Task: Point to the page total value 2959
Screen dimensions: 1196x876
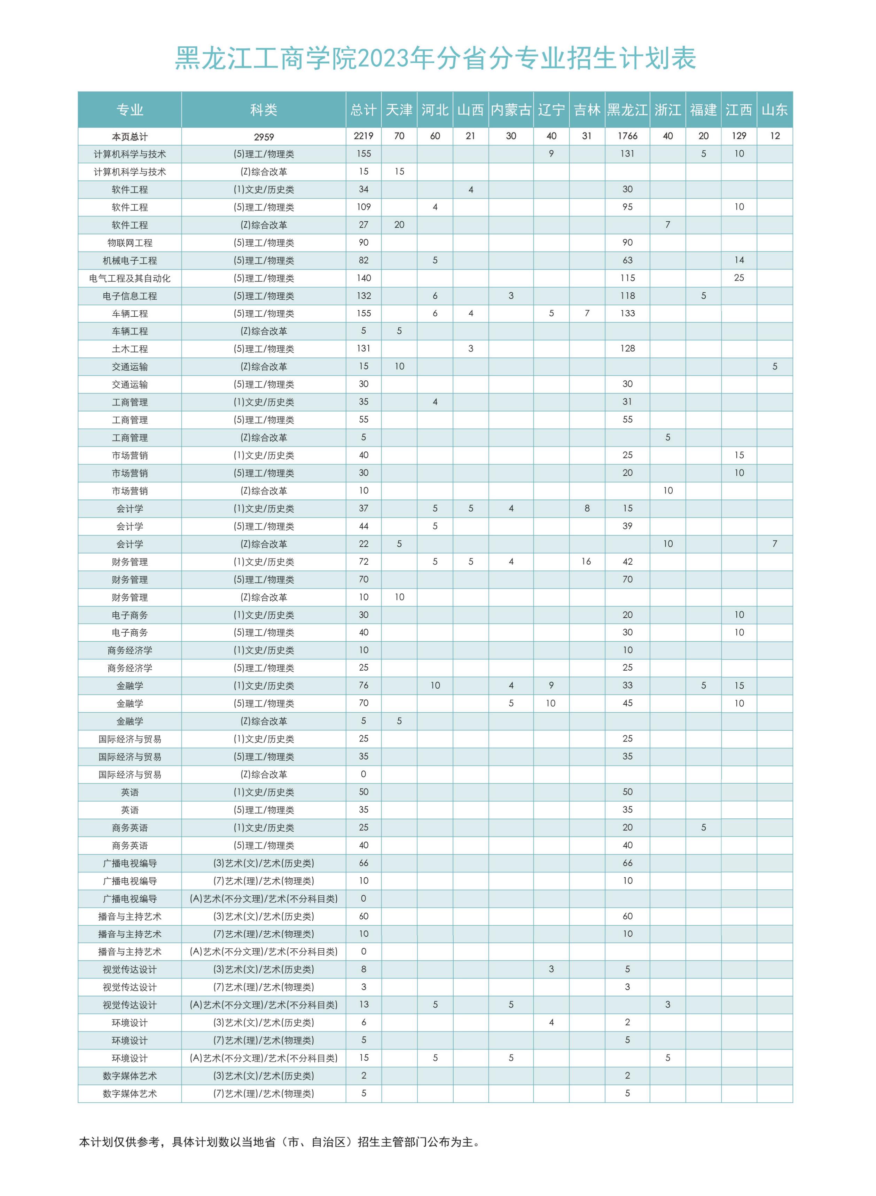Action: click(x=264, y=137)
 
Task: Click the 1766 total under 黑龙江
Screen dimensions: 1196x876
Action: click(x=627, y=136)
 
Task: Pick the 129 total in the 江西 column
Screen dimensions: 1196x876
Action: click(x=739, y=136)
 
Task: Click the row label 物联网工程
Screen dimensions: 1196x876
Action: click(x=130, y=243)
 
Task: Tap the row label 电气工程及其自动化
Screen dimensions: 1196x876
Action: click(x=130, y=278)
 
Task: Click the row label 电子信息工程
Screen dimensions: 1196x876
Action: click(x=130, y=296)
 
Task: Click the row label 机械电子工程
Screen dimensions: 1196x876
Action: click(x=130, y=261)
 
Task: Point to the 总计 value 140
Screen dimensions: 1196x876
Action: click(x=364, y=278)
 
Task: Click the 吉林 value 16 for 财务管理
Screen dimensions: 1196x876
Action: click(x=586, y=562)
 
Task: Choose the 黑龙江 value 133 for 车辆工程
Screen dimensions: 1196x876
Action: click(x=627, y=313)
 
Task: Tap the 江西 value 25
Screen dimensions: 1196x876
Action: click(x=739, y=278)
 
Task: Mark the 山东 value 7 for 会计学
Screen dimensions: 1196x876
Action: click(x=775, y=544)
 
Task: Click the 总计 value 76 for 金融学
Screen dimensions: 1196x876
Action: click(x=364, y=685)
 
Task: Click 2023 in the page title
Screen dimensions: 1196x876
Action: click(x=383, y=58)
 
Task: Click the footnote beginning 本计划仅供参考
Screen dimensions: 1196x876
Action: click(x=280, y=1142)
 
